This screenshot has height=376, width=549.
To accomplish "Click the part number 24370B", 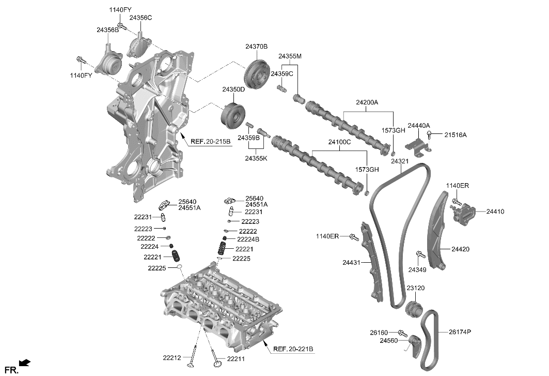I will pyautogui.click(x=256, y=47).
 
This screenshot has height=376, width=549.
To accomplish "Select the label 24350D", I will pyautogui.click(x=233, y=89).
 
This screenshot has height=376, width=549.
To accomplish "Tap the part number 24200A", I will pyautogui.click(x=367, y=102).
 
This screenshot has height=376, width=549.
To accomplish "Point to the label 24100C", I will pyautogui.click(x=339, y=141).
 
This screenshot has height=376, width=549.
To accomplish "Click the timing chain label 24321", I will pyautogui.click(x=399, y=161).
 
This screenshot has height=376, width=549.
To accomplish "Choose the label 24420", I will pyautogui.click(x=460, y=249).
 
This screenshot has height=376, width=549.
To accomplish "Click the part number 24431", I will pyautogui.click(x=352, y=263).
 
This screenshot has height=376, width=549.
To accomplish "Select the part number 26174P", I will pyautogui.click(x=460, y=332).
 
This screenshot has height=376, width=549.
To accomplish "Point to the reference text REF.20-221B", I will pyautogui.click(x=293, y=349).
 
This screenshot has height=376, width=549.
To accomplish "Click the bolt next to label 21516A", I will pyautogui.click(x=431, y=136).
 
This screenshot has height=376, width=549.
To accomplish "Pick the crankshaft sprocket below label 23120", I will pyautogui.click(x=414, y=309).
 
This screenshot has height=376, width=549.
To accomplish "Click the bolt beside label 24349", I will pyautogui.click(x=420, y=254).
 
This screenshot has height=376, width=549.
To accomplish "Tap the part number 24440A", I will pyautogui.click(x=418, y=126).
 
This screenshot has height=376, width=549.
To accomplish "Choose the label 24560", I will pyautogui.click(x=388, y=341).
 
